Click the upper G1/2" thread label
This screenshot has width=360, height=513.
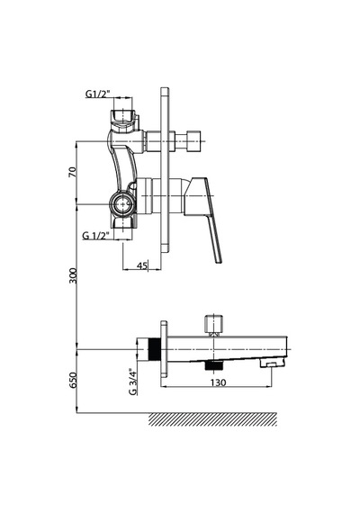[x=98, y=94]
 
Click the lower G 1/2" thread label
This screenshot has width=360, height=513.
[x=95, y=235]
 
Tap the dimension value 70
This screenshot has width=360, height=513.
[x=72, y=172]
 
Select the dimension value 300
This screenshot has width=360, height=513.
[x=72, y=275]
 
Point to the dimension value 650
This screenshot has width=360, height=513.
[x=72, y=380]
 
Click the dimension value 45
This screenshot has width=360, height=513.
[x=141, y=265]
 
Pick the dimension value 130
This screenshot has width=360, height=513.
[x=218, y=382]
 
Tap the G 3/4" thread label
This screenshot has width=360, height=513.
[x=132, y=382]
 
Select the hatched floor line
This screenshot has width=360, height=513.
[x=212, y=419]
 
